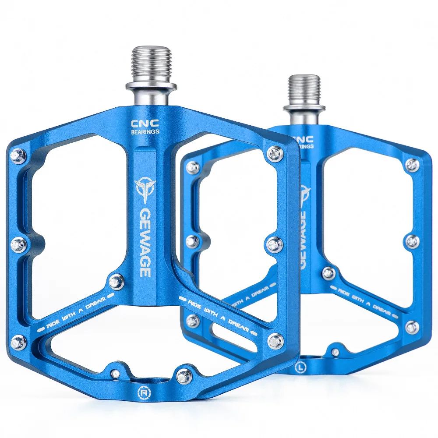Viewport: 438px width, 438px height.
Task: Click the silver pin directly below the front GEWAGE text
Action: point(117,282)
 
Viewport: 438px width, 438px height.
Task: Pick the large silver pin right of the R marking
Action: point(184,374)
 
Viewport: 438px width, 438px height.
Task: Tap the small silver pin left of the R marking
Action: point(115,373)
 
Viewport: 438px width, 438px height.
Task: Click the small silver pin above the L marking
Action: point(335,351)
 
